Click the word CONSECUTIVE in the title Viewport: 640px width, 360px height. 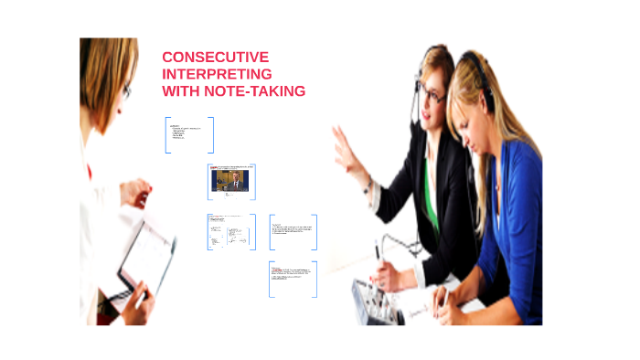coord(215,57)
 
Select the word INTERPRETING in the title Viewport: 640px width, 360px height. coord(216,74)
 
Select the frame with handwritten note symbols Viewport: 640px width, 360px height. coord(231,232)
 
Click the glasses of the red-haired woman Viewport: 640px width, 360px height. coord(127,91)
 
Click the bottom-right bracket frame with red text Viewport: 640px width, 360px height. coord(293,278)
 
